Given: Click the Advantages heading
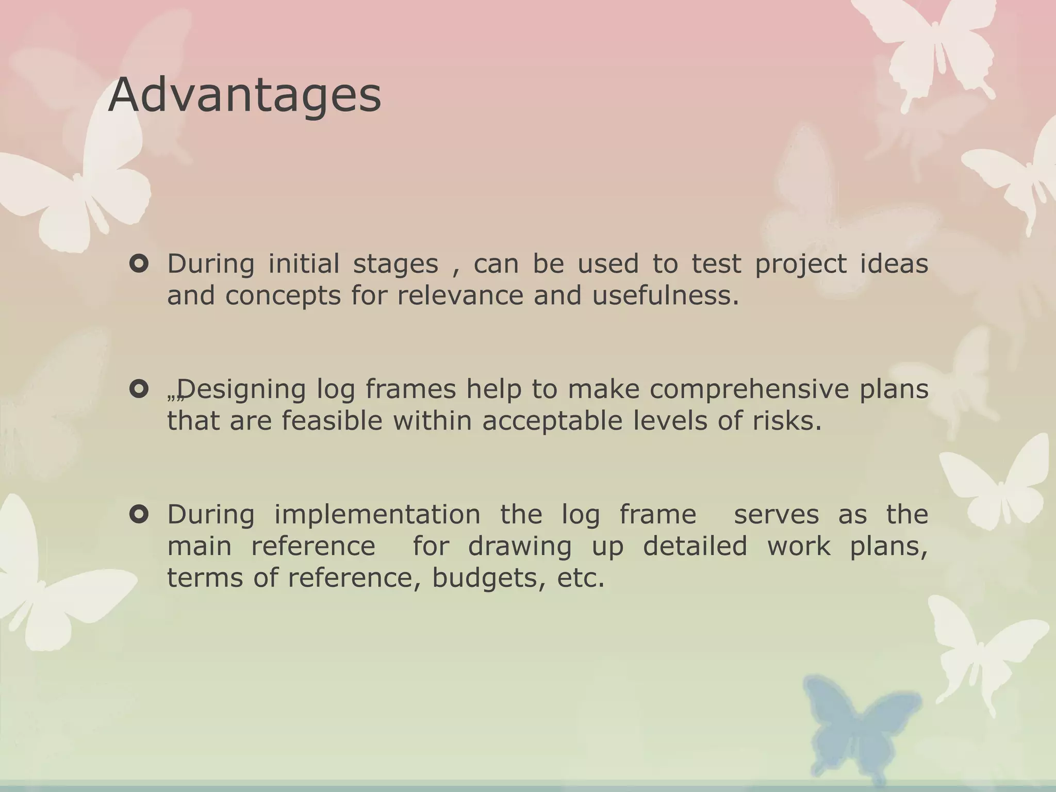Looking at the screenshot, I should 244,96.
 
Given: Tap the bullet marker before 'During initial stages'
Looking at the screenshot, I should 139,265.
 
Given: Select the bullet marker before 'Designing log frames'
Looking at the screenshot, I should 139,389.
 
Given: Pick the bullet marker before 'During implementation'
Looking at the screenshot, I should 139,514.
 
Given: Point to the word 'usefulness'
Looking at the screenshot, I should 665,295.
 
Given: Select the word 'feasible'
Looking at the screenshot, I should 332,421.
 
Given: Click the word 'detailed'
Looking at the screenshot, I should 695,546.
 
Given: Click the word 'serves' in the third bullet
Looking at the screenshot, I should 776,515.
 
